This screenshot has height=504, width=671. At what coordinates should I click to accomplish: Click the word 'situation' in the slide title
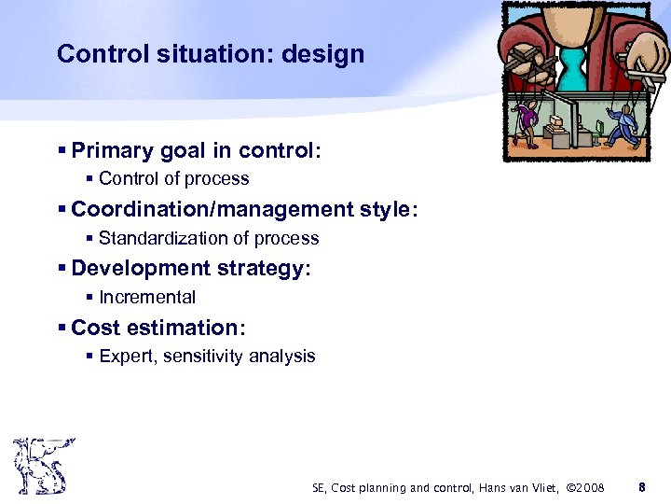coord(213,54)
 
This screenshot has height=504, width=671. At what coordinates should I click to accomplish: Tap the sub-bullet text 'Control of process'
coord(173,178)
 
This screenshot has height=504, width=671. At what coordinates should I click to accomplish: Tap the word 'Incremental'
coord(147,298)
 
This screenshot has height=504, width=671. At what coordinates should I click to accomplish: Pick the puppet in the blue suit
coord(627,122)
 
